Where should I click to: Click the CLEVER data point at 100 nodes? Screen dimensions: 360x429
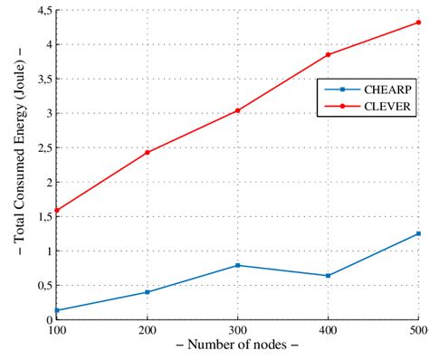pyautogui.click(x=57, y=210)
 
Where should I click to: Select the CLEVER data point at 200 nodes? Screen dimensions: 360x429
pyautogui.click(x=148, y=152)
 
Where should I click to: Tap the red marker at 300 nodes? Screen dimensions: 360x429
pyautogui.click(x=238, y=110)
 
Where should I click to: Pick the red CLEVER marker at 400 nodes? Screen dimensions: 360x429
pyautogui.click(x=329, y=54)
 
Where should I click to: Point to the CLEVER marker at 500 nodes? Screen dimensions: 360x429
pyautogui.click(x=418, y=22)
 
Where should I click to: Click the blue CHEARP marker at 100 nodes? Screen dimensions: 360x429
pyautogui.click(x=57, y=310)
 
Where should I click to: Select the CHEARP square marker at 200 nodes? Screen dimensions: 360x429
pyautogui.click(x=148, y=292)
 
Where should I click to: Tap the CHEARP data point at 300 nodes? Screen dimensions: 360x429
pyautogui.click(x=238, y=265)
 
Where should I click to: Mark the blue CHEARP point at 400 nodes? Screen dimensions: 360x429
pyautogui.click(x=329, y=276)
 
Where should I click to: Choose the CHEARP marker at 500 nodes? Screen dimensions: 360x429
pyautogui.click(x=418, y=233)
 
